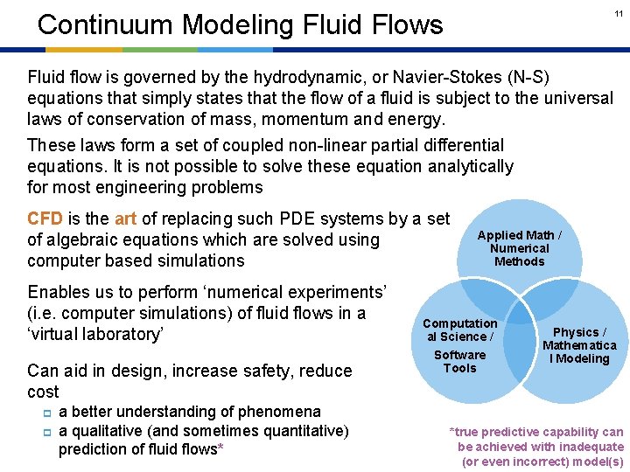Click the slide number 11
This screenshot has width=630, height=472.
(618, 13)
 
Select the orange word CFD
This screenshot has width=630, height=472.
(45, 219)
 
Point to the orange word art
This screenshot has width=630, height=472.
(125, 219)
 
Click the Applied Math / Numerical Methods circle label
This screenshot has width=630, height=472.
(519, 248)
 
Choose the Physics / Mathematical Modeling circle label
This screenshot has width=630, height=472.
(578, 345)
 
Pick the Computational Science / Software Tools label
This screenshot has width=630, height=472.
(459, 345)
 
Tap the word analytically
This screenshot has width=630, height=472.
(468, 166)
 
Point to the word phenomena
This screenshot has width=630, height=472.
(283, 411)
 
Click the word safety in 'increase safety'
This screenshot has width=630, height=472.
(248, 371)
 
